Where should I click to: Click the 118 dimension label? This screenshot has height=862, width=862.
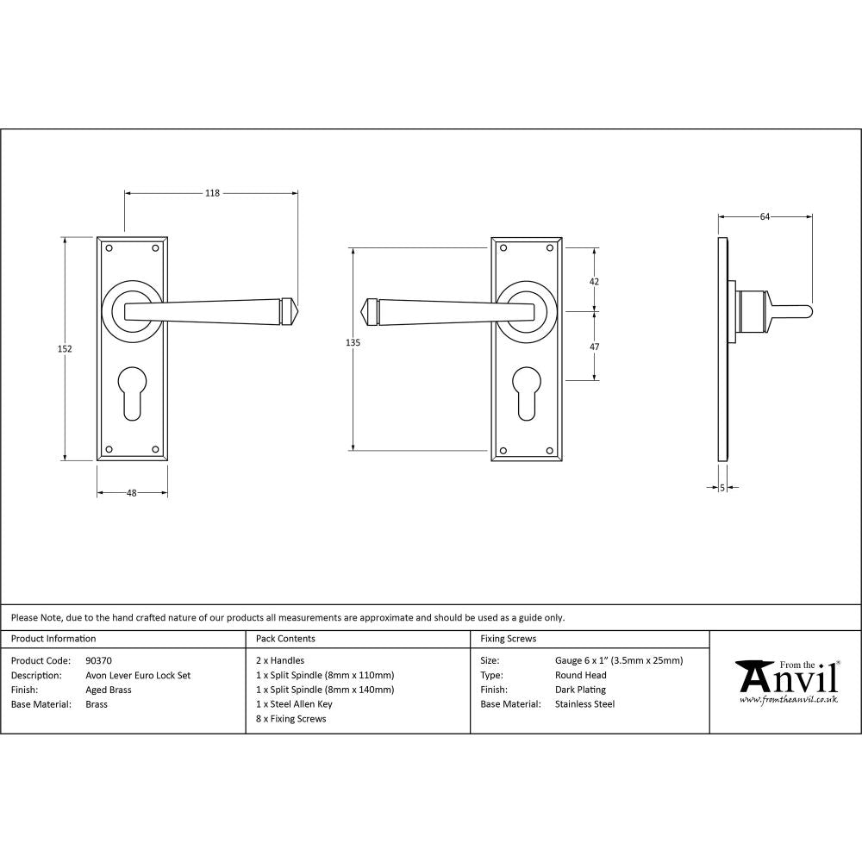click(212, 193)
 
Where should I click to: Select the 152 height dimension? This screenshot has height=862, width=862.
click(66, 349)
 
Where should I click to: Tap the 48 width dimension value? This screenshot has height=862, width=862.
click(132, 493)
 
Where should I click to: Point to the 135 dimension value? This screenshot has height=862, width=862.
click(352, 343)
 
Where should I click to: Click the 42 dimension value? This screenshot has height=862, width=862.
click(594, 282)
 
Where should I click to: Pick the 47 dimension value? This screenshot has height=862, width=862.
click(594, 347)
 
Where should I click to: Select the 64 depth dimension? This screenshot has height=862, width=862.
click(765, 217)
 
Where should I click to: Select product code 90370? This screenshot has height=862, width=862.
click(99, 661)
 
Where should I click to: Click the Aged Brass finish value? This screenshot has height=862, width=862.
click(108, 690)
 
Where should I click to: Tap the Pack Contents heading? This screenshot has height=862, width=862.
click(285, 639)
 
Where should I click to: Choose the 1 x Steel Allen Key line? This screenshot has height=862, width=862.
click(294, 704)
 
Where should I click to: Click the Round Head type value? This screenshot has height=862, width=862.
click(580, 676)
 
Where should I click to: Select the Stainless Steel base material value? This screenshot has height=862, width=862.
click(584, 704)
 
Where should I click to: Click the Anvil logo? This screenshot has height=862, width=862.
click(786, 680)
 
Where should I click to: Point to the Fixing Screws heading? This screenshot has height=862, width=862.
click(508, 639)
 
